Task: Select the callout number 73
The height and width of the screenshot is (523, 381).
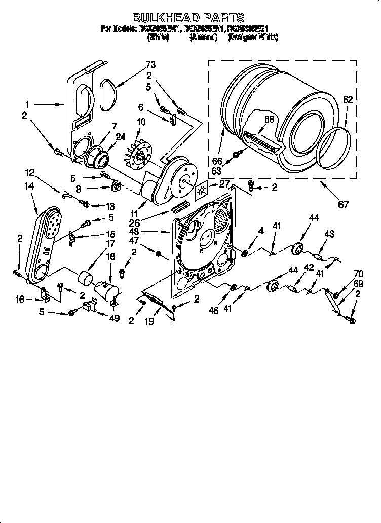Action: [150, 64]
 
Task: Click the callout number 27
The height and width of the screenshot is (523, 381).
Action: [224, 184]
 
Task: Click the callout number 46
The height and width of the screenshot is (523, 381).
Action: [213, 310]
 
